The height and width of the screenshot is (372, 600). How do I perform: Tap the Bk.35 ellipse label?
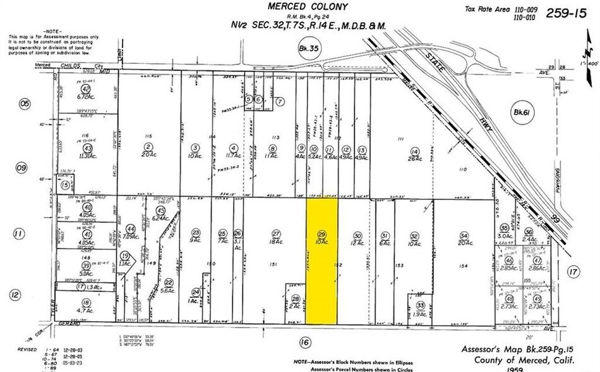click(309, 49)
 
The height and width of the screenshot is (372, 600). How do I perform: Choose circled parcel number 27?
click(275, 233)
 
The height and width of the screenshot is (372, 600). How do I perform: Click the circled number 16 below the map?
click(306, 342)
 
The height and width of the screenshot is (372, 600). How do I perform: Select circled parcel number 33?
click(420, 304)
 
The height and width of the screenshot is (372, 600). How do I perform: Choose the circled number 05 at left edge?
click(25, 103)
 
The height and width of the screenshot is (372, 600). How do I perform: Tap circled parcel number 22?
click(169, 282)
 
